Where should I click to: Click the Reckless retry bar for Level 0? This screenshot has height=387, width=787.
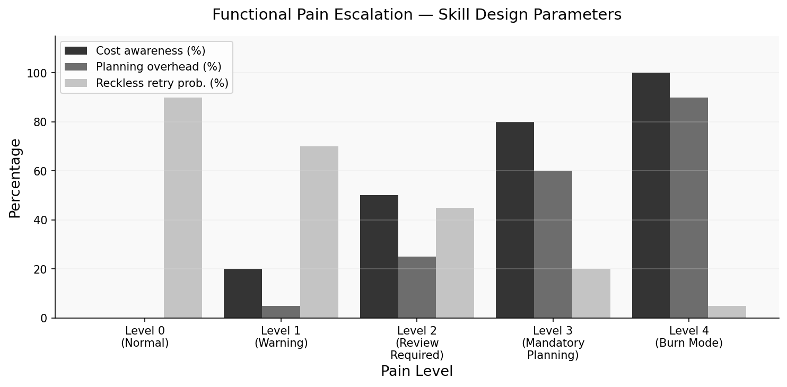coord(183,208)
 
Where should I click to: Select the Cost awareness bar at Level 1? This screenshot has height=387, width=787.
coord(243,293)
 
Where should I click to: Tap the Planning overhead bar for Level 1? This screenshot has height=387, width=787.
coord(281,312)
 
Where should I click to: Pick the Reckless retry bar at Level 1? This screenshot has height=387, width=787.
coord(319,232)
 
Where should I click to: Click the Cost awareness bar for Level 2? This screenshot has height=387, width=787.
coord(379,257)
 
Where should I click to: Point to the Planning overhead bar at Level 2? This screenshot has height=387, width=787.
coord(417,287)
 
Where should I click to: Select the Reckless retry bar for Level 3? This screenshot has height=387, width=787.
coord(591,293)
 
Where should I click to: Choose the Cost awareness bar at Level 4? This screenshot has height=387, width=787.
coord(651,195)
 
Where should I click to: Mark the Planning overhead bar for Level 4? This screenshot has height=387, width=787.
coord(689,208)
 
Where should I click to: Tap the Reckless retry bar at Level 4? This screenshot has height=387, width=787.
coord(727,312)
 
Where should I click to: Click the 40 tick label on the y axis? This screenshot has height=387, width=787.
coord(40,220)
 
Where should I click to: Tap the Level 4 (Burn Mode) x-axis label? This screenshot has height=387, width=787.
coord(689,337)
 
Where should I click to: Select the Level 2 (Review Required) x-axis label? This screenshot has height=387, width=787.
coord(417,342)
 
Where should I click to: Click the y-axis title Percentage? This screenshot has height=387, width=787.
coord(15,178)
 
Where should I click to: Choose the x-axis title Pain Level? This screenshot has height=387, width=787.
coord(417,371)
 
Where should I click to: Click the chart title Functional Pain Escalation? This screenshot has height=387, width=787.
coord(417,15)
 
